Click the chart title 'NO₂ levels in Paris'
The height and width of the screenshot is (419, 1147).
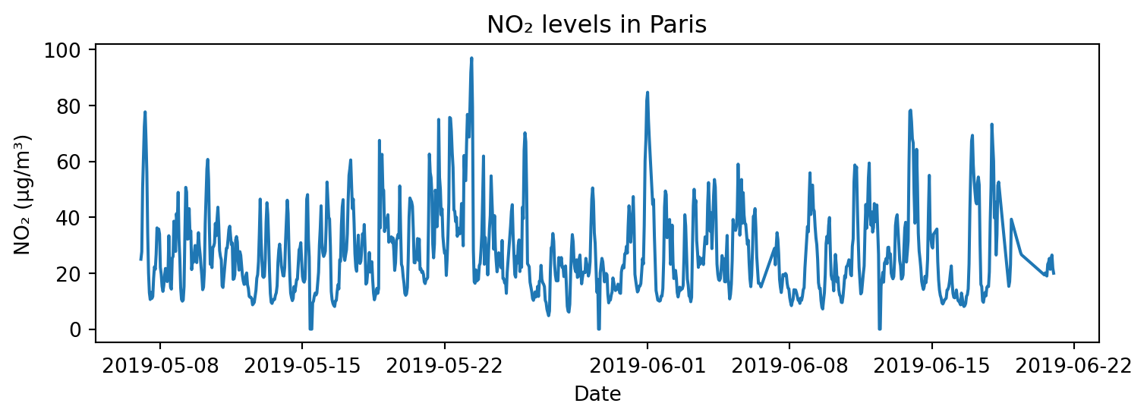(597, 25)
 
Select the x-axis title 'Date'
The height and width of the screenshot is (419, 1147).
(597, 394)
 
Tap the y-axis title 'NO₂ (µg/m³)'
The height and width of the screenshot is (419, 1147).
(23, 194)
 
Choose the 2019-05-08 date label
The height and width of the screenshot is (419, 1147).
(159, 366)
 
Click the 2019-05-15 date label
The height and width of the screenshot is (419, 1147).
(301, 366)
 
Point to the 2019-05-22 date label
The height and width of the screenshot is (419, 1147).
(444, 366)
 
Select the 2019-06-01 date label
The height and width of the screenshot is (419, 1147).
(648, 366)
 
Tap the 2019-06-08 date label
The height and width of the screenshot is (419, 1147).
(789, 366)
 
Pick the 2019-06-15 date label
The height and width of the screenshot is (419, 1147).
(931, 366)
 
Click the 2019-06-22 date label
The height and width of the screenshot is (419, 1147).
(1073, 366)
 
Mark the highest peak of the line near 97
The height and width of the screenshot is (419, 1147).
(471, 58)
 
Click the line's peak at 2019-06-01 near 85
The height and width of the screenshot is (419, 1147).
(648, 92)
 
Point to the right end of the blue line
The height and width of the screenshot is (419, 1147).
(1054, 273)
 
